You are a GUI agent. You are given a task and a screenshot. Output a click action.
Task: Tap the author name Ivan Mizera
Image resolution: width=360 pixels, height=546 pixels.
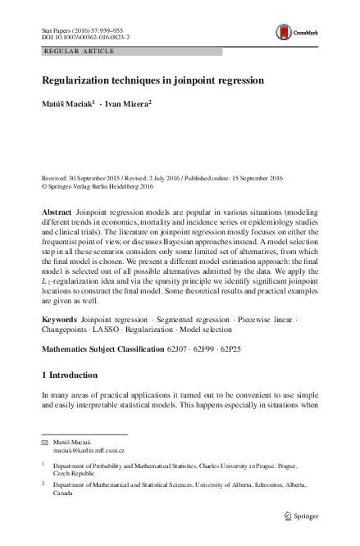coord(129,105)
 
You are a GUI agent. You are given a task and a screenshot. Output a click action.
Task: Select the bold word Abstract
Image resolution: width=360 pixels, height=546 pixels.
coord(56,212)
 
